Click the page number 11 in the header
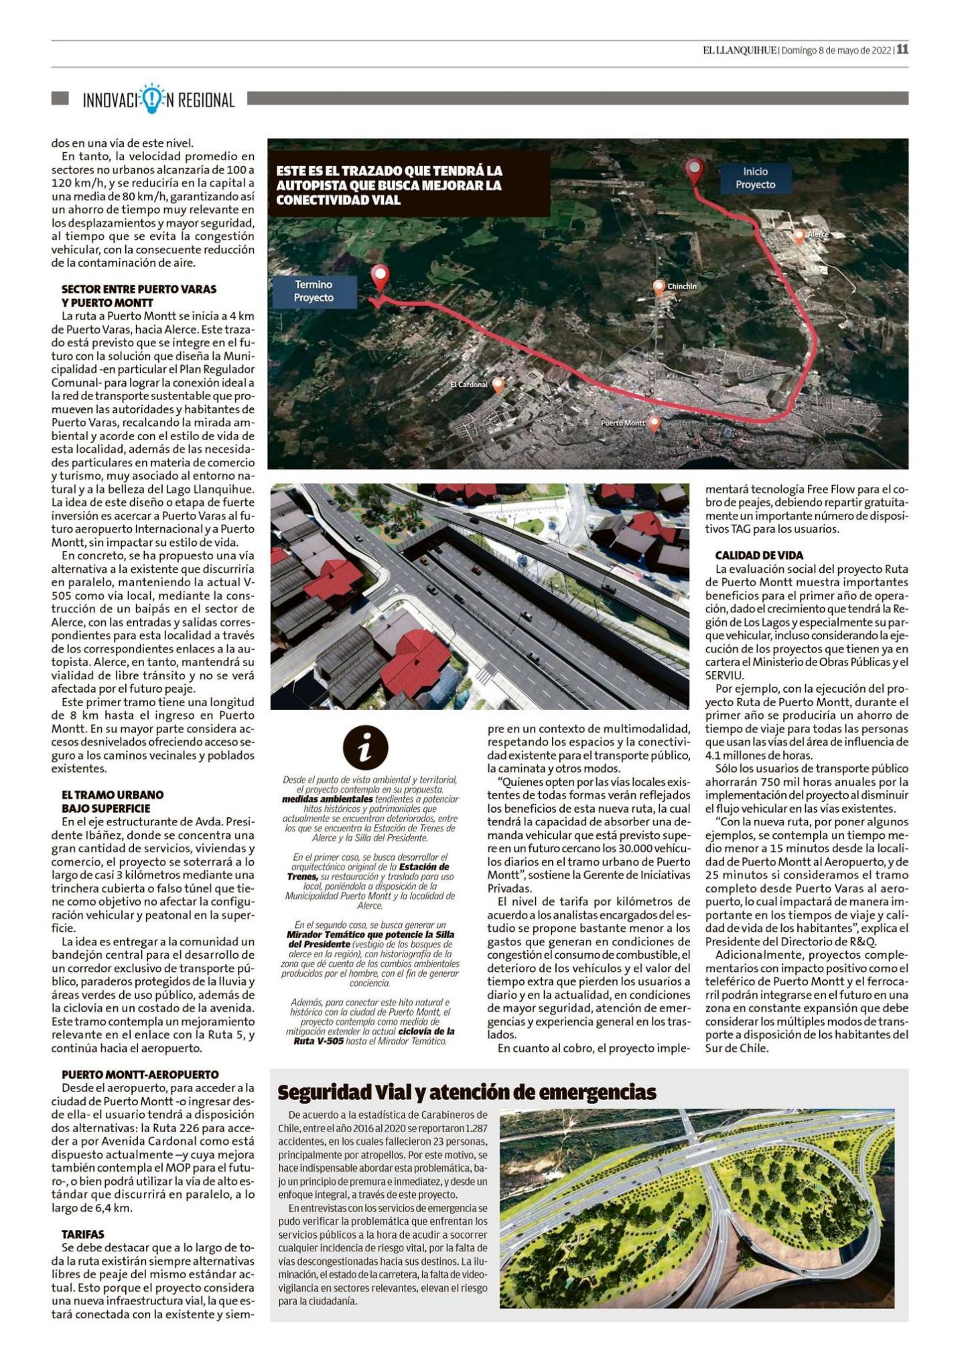pyautogui.click(x=902, y=49)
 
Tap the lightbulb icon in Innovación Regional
pyautogui.click(x=153, y=98)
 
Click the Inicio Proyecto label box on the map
pyautogui.click(x=754, y=178)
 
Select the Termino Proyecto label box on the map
pyautogui.click(x=314, y=291)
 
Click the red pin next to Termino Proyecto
pyautogui.click(x=381, y=278)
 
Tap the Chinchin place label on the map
pyautogui.click(x=681, y=287)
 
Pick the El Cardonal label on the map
pyautogui.click(x=469, y=385)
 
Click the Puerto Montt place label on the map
pyautogui.click(x=622, y=423)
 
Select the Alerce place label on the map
pyautogui.click(x=817, y=234)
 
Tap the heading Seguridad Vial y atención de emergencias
pyautogui.click(x=466, y=1093)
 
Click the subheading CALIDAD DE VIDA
pyautogui.click(x=758, y=555)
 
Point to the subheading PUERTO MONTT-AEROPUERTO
pyautogui.click(x=139, y=1074)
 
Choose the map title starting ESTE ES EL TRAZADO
pyautogui.click(x=389, y=186)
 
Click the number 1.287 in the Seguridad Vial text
pyautogui.click(x=475, y=1127)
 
